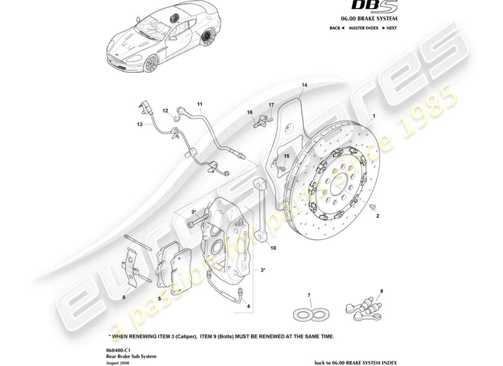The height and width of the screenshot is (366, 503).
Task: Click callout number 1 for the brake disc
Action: (x=374, y=117)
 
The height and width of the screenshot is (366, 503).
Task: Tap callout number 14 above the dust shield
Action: (x=305, y=85)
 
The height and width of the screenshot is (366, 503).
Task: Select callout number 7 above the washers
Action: (x=309, y=296)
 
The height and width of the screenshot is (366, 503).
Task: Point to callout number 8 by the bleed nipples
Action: (x=382, y=291)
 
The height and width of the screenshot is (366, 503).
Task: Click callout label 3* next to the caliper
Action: (x=263, y=270)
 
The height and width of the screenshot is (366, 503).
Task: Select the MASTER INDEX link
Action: (x=364, y=28)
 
